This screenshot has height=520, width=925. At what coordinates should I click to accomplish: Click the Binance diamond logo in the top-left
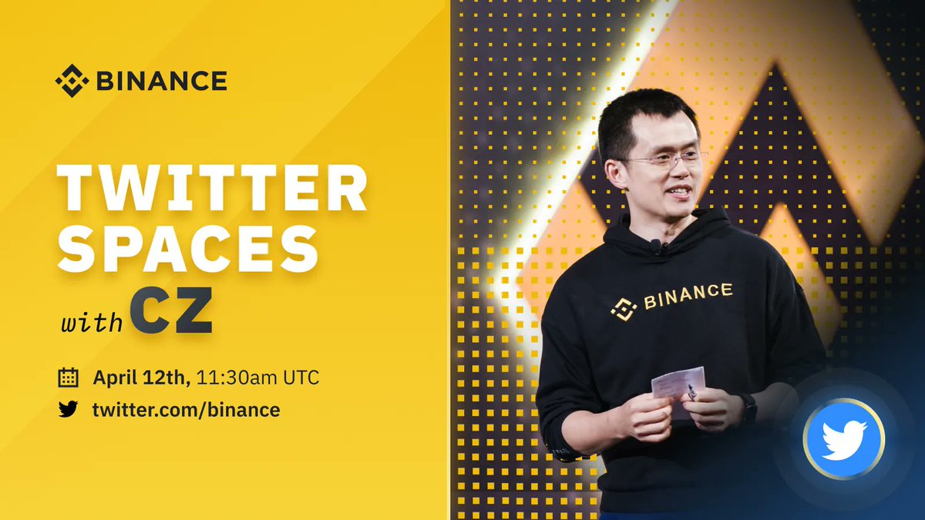point(71,80)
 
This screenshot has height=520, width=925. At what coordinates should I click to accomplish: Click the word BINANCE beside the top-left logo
point(160,80)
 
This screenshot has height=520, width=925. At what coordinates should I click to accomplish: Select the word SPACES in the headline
point(188,248)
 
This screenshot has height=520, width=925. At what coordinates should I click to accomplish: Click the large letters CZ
point(170,313)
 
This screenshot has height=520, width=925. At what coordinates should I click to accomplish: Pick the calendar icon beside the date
point(69,377)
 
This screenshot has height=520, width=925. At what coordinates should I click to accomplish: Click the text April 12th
point(141,377)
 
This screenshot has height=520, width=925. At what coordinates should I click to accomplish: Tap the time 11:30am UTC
point(257,377)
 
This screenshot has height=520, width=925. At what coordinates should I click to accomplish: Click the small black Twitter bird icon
point(69,409)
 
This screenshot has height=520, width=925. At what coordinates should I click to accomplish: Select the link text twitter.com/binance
point(186,409)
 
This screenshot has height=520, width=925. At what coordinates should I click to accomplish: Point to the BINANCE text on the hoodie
point(688,295)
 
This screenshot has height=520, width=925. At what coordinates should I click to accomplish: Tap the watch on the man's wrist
point(748,406)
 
